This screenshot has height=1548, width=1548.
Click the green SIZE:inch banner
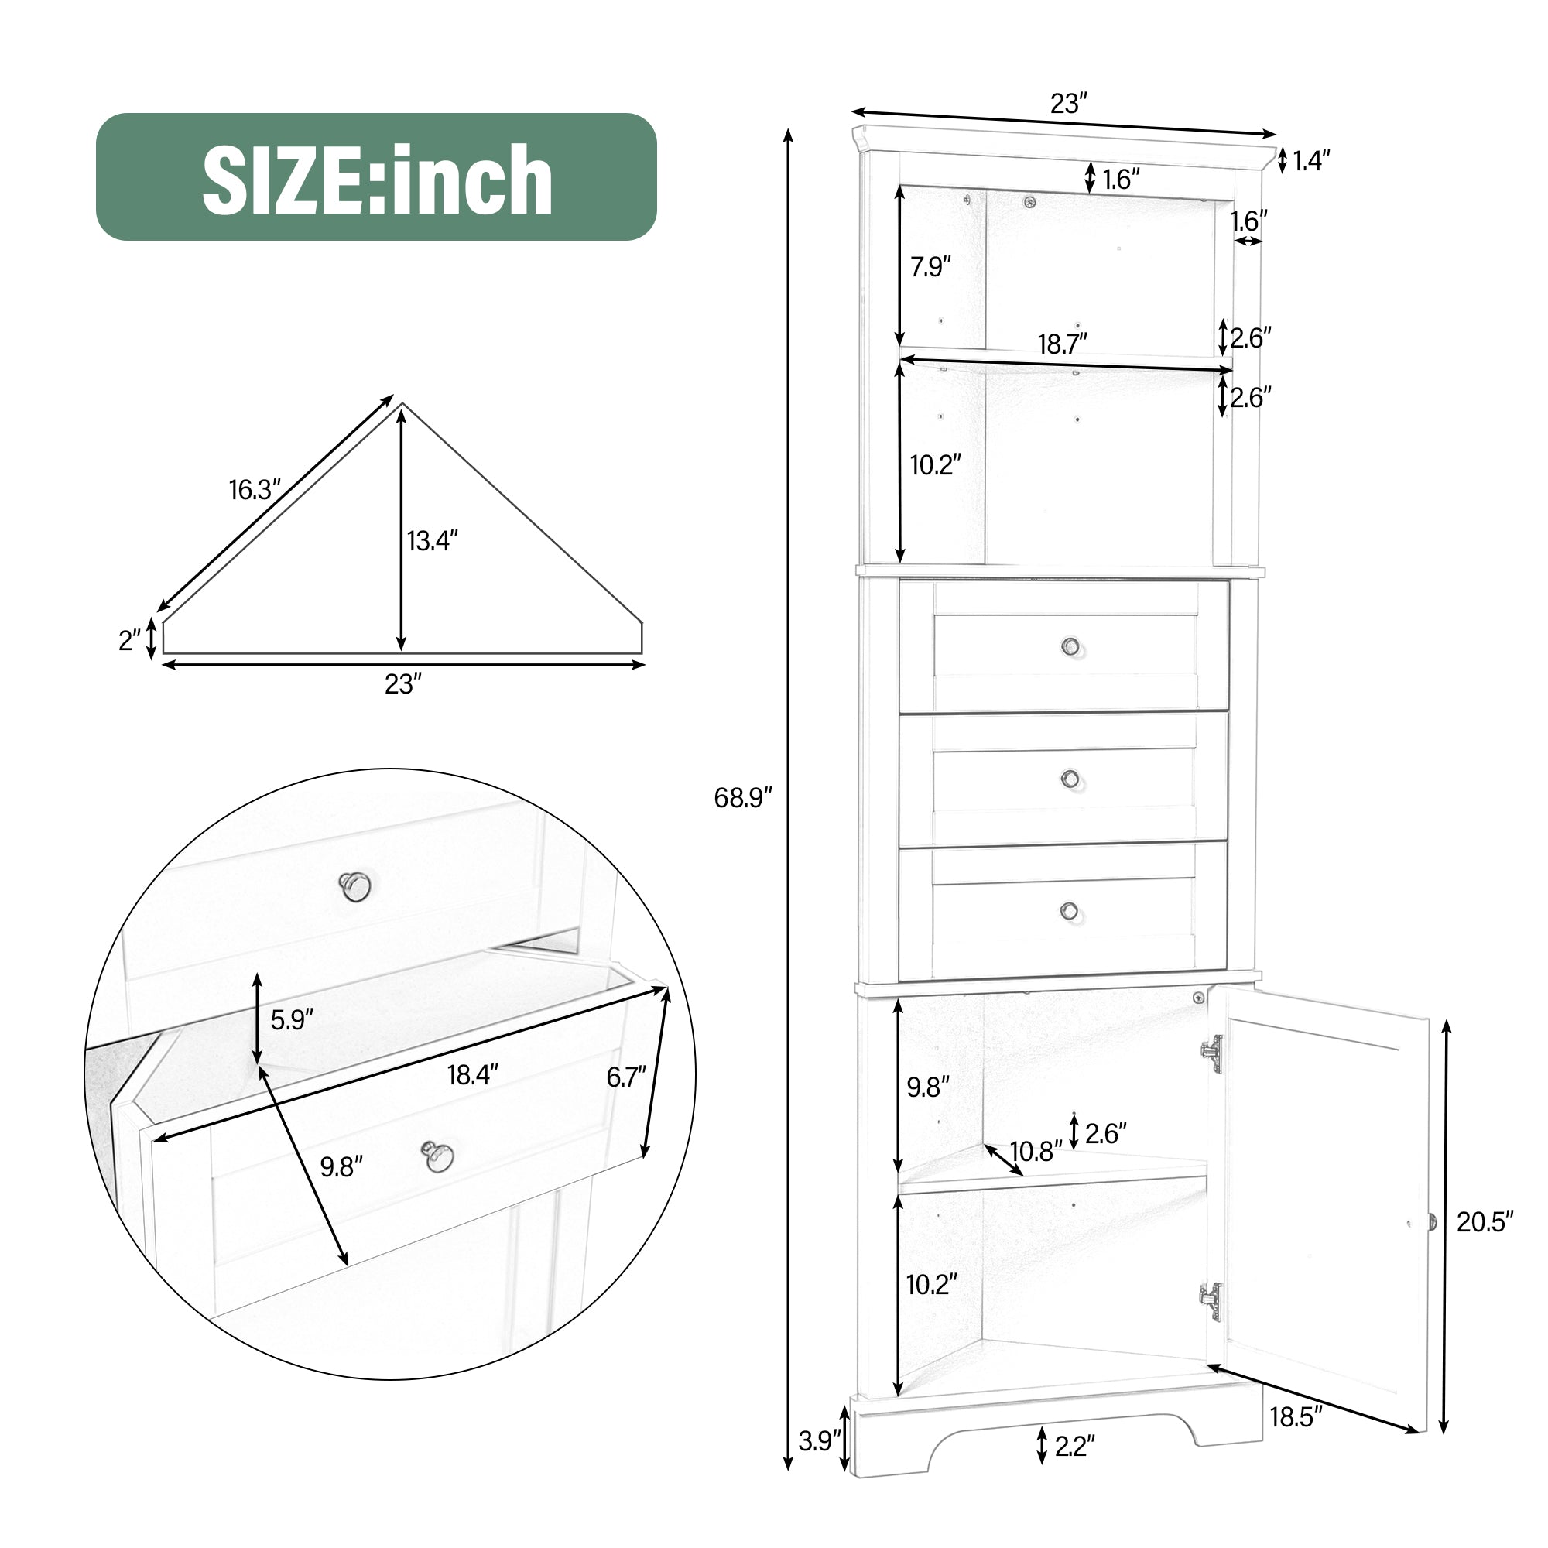click(x=376, y=177)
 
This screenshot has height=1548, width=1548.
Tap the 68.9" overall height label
click(x=742, y=797)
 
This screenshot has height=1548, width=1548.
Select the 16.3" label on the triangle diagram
click(x=255, y=490)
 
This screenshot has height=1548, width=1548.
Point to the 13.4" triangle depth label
click(x=432, y=541)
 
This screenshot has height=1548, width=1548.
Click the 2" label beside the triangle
click(x=129, y=640)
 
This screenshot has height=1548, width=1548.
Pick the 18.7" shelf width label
click(x=1063, y=344)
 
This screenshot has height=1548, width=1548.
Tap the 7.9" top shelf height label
click(x=930, y=267)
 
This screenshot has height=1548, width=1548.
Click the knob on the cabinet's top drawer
click(x=1070, y=646)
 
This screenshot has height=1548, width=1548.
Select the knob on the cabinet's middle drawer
click(x=1070, y=778)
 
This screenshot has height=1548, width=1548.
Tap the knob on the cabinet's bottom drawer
click(x=1069, y=910)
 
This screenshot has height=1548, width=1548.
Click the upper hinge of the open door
click(x=1213, y=1053)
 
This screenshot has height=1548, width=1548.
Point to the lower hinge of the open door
click(x=1211, y=1301)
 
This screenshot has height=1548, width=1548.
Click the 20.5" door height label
click(x=1485, y=1222)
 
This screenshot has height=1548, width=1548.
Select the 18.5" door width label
click(x=1296, y=1417)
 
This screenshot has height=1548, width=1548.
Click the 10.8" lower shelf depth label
click(x=1035, y=1152)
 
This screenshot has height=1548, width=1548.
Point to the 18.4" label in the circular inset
click(x=473, y=1074)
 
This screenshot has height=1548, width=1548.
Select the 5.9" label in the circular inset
click(x=292, y=1020)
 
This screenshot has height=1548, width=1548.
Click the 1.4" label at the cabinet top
click(x=1312, y=161)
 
